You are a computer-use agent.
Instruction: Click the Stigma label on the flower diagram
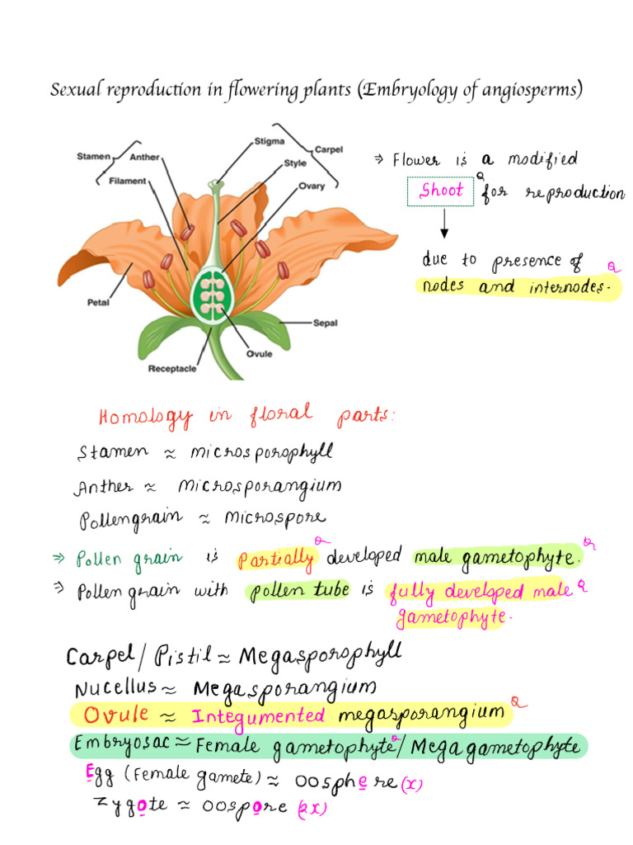pyautogui.click(x=270, y=141)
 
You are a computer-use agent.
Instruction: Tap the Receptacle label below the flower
pyautogui.click(x=172, y=369)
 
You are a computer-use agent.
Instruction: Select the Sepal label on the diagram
pyautogui.click(x=325, y=323)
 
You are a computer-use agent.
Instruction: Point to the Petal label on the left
pyautogui.click(x=98, y=302)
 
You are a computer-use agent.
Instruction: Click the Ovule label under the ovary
pyautogui.click(x=260, y=354)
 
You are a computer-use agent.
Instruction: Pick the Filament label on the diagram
pyautogui.click(x=127, y=181)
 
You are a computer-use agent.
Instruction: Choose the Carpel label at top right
pyautogui.click(x=329, y=149)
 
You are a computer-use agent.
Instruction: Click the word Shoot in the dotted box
pyautogui.click(x=442, y=191)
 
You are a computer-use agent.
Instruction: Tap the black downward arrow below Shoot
pyautogui.click(x=444, y=224)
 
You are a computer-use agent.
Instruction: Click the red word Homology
pyautogui.click(x=146, y=417)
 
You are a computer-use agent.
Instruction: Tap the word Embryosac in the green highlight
pyautogui.click(x=120, y=744)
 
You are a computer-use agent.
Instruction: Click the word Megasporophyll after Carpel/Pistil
pyautogui.click(x=320, y=656)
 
